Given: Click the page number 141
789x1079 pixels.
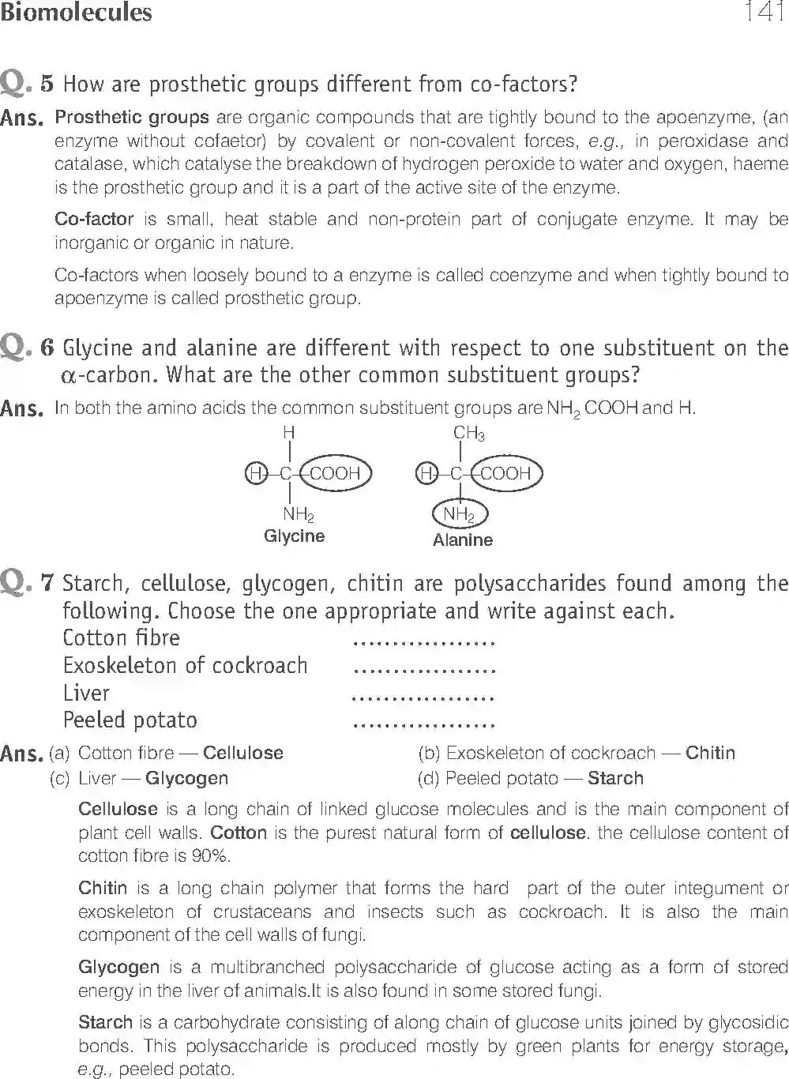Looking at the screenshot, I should point(763,13).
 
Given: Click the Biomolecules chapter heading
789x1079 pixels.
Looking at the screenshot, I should point(77,13).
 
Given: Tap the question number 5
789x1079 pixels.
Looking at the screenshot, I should point(47,83).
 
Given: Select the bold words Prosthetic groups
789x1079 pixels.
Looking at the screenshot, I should point(132,118).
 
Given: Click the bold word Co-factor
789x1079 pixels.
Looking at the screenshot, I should point(94,219).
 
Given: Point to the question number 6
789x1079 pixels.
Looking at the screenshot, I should point(47,348).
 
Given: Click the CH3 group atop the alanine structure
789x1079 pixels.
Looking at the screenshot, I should point(468,434).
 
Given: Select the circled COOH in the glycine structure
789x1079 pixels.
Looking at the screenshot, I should point(335,474).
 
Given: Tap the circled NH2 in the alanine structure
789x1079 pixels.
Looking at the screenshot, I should point(460,515).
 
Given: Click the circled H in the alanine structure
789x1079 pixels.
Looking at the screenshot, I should point(426,474).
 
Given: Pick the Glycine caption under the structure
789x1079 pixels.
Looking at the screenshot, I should point(294,536).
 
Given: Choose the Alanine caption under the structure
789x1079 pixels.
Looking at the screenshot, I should point(462,540).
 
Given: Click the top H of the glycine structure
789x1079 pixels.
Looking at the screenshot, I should point(289,433).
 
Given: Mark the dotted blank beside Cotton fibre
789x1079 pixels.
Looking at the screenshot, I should point(423,642).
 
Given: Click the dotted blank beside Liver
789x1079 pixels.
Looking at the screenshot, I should point(423,697).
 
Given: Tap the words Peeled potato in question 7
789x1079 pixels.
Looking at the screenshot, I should point(130,720).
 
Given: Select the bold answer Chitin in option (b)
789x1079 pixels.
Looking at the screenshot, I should point(710,753).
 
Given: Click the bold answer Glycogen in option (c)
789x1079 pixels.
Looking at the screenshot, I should point(186,778).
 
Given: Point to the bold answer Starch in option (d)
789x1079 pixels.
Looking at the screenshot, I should point(615,778).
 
